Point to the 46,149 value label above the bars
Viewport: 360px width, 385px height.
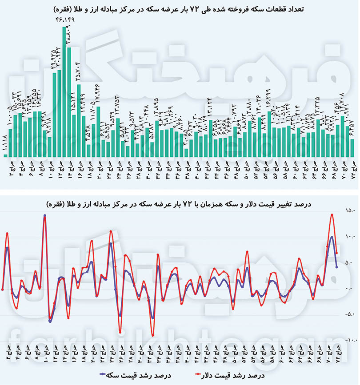(x=64, y=20)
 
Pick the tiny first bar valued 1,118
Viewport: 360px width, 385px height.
(x=5, y=154)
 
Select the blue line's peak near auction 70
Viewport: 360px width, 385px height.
(x=332, y=237)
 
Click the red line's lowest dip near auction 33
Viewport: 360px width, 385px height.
(x=152, y=336)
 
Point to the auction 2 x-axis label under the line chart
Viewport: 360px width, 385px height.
(x=8, y=351)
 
